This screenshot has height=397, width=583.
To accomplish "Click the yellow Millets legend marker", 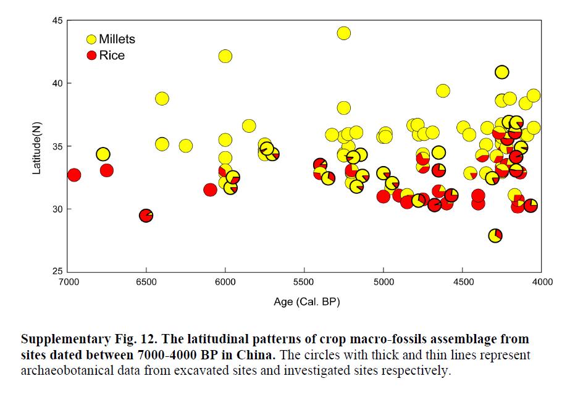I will click(91, 40).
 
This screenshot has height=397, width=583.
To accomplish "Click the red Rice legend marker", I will click(91, 56).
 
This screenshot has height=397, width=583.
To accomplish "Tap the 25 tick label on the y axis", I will click(56, 272).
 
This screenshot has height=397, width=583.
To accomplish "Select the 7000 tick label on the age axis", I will click(67, 282).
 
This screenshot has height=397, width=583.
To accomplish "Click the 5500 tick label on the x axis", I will click(304, 282).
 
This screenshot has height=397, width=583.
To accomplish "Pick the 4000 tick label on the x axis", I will click(542, 282).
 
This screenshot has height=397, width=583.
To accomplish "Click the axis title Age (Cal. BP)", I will click(307, 302).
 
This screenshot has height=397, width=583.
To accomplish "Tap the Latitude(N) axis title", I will click(36, 146).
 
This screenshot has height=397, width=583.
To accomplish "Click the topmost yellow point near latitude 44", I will click(344, 33).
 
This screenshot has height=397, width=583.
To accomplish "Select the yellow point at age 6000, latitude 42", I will click(225, 56).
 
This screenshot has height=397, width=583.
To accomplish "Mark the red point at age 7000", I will click(74, 175).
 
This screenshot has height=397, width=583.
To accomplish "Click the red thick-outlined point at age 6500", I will click(146, 215).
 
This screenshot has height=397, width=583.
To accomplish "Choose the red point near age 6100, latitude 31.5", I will click(210, 190).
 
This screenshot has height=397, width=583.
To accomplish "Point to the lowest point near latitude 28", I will click(495, 235).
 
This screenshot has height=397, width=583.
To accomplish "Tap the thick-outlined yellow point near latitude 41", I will click(502, 72).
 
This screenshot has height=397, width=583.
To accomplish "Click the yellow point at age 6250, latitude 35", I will click(185, 146).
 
